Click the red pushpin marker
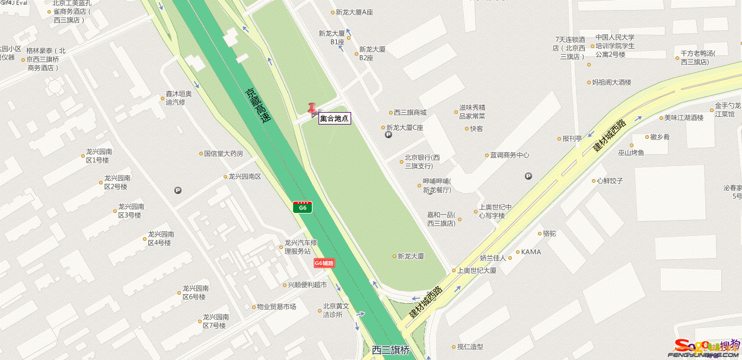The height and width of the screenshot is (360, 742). (x=312, y=109)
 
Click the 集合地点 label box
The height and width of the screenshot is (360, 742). (x=335, y=119)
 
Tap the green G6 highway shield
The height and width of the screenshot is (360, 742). (x=302, y=207)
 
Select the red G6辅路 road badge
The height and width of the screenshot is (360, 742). (x=324, y=263)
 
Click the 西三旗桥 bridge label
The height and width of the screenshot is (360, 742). (x=391, y=350)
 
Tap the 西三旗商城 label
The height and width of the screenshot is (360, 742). (x=410, y=113)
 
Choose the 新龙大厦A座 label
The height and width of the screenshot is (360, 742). (x=354, y=12)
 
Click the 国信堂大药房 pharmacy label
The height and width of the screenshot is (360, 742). (x=224, y=154)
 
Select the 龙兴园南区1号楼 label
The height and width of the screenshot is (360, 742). (x=99, y=155)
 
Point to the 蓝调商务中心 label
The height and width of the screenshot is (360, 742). (x=509, y=155)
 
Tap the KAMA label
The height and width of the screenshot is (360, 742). (x=531, y=251)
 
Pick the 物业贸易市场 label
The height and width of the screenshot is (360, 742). (x=276, y=307)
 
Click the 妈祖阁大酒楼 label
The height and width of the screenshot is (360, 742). (x=612, y=82)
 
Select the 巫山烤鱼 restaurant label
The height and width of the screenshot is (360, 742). (x=631, y=152)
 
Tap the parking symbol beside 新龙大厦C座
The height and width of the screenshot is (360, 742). (x=388, y=135)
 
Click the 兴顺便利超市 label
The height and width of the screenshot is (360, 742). (x=307, y=285)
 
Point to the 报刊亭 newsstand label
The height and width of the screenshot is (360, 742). (x=572, y=139)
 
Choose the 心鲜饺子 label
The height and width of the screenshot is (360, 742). (x=610, y=180)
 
